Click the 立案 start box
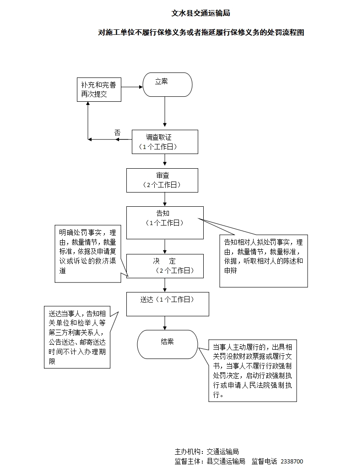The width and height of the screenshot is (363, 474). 167,84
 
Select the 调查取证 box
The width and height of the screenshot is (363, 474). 165,142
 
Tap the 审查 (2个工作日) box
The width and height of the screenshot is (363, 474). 162,180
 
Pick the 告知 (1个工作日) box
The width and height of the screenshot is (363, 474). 165,222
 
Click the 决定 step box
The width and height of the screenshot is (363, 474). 165,266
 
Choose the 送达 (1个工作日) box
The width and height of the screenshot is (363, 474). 168,304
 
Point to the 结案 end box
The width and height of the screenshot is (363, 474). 168,344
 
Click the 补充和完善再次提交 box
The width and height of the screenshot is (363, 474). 98,89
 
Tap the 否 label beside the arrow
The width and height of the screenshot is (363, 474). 117,132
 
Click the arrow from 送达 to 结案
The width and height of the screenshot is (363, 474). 165,323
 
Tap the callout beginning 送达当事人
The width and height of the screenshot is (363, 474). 77,337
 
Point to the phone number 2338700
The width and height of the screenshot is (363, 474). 292,462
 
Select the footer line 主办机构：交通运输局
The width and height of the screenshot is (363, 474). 206,452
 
